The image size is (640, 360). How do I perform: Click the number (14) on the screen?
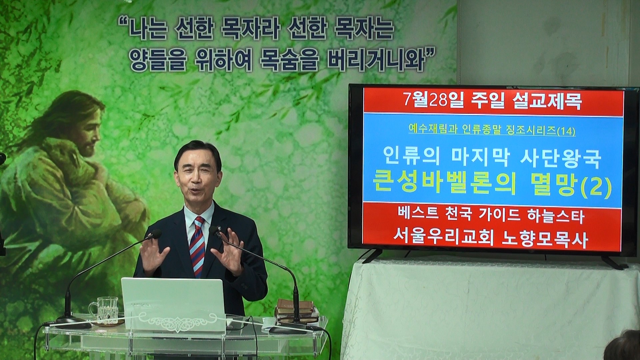coord(566,132)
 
